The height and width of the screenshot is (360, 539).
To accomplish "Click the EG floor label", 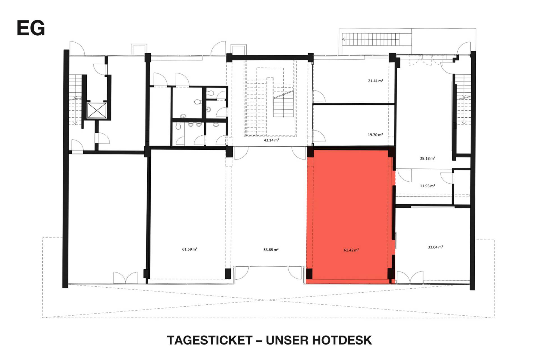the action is [31, 28].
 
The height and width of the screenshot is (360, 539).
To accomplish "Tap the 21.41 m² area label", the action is [375, 81].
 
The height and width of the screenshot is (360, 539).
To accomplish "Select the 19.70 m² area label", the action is [375, 135].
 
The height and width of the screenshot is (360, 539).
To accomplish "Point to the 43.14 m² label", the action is [271, 140].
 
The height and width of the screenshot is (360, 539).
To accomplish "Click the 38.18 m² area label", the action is [427, 158].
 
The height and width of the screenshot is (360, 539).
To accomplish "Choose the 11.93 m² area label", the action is [427, 186].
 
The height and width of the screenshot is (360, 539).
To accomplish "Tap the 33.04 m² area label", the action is [435, 247].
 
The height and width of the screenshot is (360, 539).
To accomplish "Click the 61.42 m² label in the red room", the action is [351, 250].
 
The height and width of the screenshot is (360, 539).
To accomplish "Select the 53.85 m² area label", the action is [271, 250].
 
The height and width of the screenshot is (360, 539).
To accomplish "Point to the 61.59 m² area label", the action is [190, 249].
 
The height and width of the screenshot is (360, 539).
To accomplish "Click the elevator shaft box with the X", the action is [97, 110].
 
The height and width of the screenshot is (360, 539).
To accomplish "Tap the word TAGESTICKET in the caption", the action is [210, 340].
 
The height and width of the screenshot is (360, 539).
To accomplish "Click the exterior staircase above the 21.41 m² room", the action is [371, 39].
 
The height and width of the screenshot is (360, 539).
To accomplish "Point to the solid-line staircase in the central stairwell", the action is [284, 104].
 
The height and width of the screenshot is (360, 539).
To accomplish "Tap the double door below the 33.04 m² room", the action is [410, 277].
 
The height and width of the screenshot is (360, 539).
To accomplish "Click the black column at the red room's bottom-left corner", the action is [309, 274].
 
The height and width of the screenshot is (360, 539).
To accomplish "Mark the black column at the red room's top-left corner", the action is [310, 152].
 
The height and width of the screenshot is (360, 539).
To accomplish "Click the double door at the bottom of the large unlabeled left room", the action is [125, 277].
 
